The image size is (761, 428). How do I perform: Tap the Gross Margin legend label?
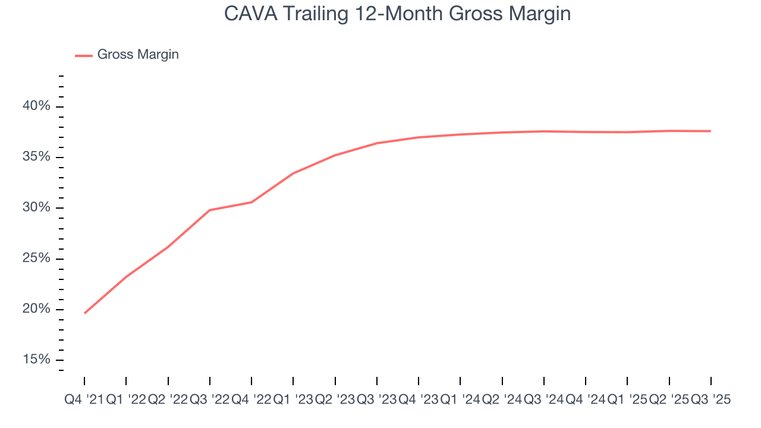[x=138, y=55]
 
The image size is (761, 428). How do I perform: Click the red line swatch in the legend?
[x=84, y=55]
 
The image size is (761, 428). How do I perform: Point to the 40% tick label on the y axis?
[x=36, y=106]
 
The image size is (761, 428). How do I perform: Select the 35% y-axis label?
[x=36, y=158]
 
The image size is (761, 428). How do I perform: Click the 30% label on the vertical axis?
[x=36, y=208]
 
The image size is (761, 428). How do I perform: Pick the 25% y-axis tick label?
[x=36, y=259]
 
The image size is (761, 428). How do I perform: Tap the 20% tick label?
[x=36, y=309]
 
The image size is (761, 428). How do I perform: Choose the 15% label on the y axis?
[x=36, y=360]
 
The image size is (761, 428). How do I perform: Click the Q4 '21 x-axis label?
[x=84, y=400]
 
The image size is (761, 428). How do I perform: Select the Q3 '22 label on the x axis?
[x=209, y=400]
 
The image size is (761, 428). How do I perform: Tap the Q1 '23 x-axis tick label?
[x=293, y=400]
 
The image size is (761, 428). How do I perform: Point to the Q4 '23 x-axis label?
[x=419, y=400]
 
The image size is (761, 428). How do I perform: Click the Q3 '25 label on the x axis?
[x=710, y=400]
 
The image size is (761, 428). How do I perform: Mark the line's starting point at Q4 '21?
[x=84, y=313]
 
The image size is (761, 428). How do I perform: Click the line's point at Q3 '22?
[x=210, y=210]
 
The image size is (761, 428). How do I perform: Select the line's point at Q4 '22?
[x=251, y=202]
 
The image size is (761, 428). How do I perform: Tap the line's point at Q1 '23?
[x=293, y=173]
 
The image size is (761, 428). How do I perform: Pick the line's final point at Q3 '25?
[x=710, y=131]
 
